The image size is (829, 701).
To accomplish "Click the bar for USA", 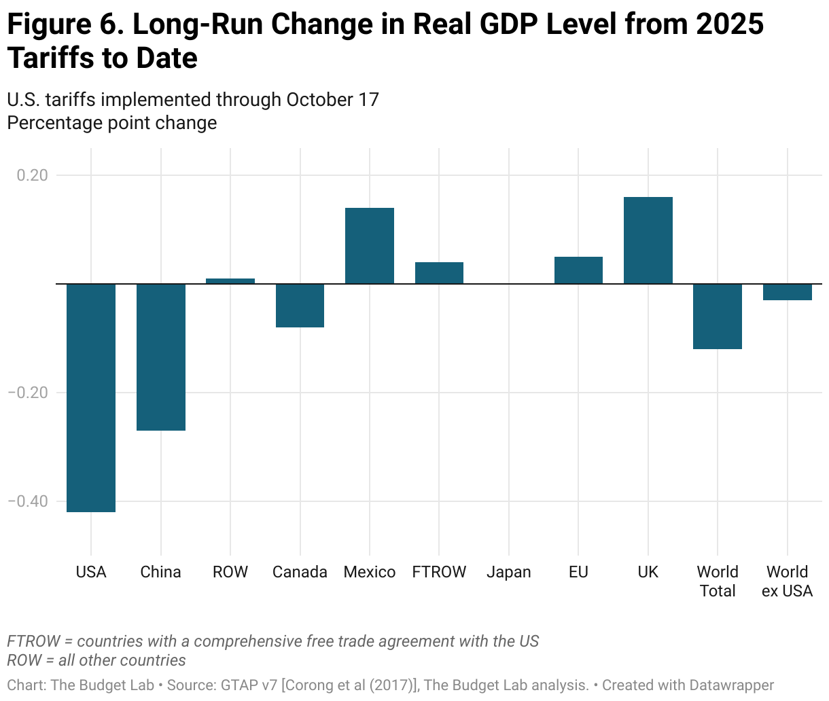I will [x=91, y=397].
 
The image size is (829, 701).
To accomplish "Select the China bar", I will [x=161, y=357].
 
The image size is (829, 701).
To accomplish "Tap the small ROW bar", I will [x=230, y=281].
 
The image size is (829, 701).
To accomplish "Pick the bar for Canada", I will [x=300, y=306].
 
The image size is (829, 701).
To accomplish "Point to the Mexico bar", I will [x=370, y=246].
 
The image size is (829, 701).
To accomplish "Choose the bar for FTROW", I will [x=439, y=273].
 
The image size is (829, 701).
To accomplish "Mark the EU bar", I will [x=578, y=270].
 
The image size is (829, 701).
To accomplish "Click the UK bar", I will [x=648, y=240].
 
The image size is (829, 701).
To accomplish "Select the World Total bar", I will [x=718, y=317].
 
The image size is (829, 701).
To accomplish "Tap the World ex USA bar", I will [x=788, y=292].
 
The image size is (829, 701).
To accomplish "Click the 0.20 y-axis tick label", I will [x=32, y=175].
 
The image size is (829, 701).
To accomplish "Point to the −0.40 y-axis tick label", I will [x=28, y=501].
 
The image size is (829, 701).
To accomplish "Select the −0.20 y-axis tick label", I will [x=28, y=393].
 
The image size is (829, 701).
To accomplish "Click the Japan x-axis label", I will [x=509, y=572].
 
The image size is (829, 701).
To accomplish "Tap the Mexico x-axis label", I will [x=370, y=572].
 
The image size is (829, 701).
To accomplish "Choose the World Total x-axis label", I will [x=718, y=581].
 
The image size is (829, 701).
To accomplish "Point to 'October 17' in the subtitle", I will [x=332, y=100].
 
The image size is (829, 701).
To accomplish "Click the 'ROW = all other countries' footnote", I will [x=96, y=660].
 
